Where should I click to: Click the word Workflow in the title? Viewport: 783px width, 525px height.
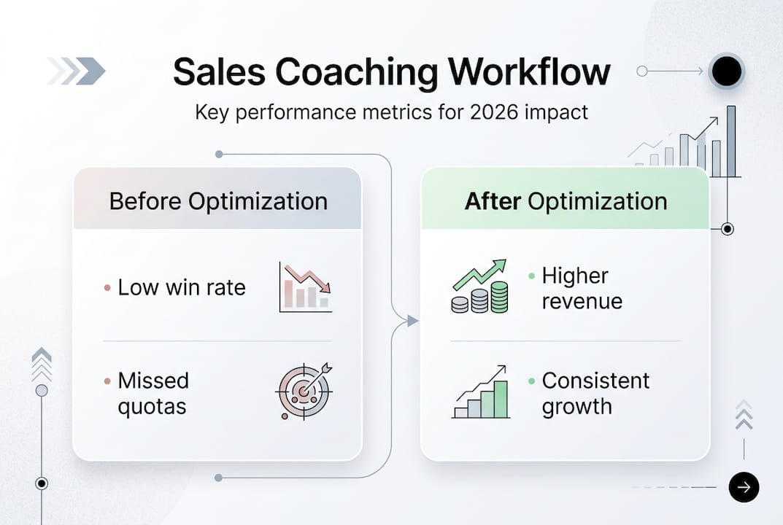[528, 72]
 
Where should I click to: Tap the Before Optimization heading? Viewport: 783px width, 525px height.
[218, 201]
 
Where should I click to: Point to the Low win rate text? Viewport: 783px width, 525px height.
[182, 287]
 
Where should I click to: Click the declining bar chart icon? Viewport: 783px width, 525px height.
[306, 287]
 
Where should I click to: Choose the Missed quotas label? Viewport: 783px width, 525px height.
[153, 393]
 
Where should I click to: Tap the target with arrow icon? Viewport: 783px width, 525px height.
[304, 391]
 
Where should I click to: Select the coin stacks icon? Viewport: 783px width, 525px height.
[479, 287]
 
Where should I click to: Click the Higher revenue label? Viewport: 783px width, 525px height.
[582, 288]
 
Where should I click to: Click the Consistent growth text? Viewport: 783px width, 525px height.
[595, 393]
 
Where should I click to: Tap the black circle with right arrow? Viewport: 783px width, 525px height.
[744, 487]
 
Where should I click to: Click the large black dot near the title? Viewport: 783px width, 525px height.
[726, 71]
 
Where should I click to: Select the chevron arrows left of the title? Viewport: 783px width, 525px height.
[77, 71]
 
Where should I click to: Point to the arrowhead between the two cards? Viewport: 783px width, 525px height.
[412, 320]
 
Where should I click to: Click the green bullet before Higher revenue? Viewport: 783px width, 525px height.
[532, 276]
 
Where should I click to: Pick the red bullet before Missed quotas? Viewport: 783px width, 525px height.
[107, 381]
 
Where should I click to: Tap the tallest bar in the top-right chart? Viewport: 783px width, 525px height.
[731, 141]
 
